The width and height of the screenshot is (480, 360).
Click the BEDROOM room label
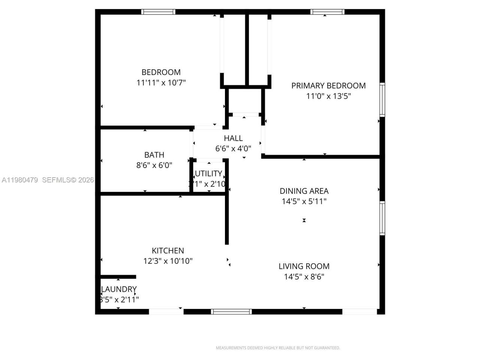coord(161,72)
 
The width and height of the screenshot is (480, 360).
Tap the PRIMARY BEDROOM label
coord(328,85)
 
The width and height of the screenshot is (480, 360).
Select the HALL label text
coord(233,138)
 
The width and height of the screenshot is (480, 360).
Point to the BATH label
coord(154,154)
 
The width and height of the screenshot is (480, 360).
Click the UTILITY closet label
coord(208,174)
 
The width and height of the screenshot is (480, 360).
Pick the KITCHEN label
coord(168,250)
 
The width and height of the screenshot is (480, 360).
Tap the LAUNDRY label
coord(119,289)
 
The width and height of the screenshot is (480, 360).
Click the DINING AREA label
coord(304,191)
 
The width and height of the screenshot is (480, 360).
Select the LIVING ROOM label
coord(304,266)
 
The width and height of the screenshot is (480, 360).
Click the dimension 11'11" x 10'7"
coord(161,82)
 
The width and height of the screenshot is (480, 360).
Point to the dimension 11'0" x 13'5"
coord(328,96)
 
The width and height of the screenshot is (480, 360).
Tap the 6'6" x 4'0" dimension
coord(233,148)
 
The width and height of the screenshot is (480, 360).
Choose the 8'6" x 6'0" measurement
coord(154,165)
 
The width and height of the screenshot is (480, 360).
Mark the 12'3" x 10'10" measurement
coord(168,261)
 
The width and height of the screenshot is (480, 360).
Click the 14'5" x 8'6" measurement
coord(304,277)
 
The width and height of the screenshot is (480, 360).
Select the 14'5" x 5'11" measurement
coord(304,201)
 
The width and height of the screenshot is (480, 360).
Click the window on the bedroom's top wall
coord(158,12)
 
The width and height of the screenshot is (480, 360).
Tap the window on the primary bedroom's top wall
coord(327,12)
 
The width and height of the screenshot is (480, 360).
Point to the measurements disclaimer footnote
coord(278,348)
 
